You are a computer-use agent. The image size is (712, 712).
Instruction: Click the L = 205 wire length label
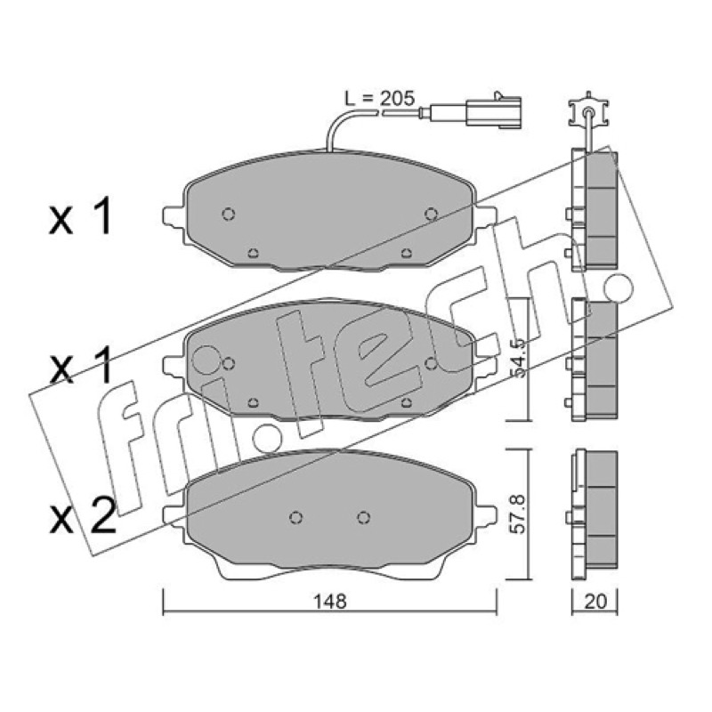click(x=380, y=98)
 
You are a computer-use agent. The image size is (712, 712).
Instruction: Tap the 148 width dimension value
click(x=330, y=603)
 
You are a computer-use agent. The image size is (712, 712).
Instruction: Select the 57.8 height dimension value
click(x=518, y=514)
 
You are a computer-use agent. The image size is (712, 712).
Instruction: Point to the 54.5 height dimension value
click(x=518, y=358)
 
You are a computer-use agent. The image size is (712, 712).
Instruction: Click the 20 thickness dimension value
click(x=595, y=602)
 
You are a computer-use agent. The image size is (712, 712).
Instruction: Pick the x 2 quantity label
click(x=83, y=518)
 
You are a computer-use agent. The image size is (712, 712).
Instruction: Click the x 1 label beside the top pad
click(x=81, y=218)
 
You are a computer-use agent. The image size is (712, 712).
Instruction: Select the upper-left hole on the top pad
click(x=229, y=214)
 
